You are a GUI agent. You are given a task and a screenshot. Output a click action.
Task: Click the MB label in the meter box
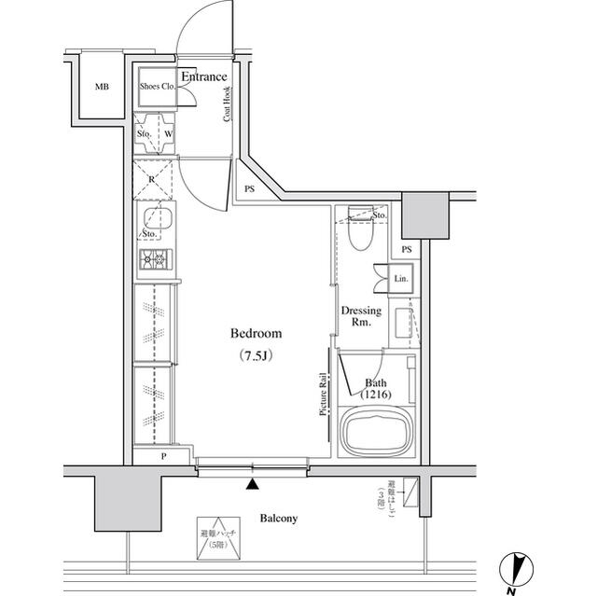[102, 88]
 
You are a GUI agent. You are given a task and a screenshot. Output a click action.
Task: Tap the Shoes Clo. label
[158, 87]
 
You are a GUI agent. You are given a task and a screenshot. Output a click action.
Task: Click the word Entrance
[203, 76]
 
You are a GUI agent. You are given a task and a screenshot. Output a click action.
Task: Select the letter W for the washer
[168, 133]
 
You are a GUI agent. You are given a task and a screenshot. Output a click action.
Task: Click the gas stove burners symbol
[153, 258]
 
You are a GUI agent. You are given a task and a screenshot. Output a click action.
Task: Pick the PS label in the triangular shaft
[249, 189]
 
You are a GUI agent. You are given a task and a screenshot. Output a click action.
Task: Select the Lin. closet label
[401, 279]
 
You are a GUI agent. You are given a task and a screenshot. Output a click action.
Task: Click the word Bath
[376, 382]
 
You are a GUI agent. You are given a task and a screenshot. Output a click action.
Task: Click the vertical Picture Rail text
[323, 394]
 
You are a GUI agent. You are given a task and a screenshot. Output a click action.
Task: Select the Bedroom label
[256, 333]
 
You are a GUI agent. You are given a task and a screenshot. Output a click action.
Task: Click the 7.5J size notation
[256, 355]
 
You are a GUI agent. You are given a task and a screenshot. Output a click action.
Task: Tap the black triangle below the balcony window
[252, 483]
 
